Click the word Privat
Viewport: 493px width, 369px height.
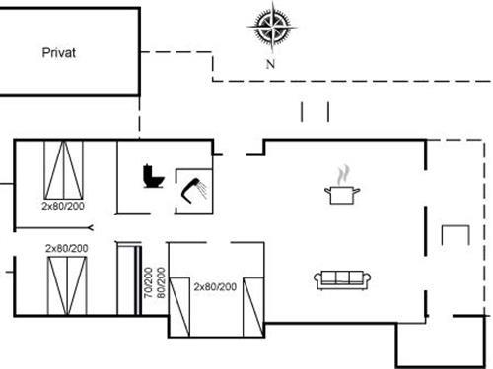pyautogui.click(x=59, y=52)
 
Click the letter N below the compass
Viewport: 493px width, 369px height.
pyautogui.click(x=270, y=64)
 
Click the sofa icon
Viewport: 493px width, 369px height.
pyautogui.click(x=341, y=279)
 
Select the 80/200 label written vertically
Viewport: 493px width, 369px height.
pyautogui.click(x=161, y=282)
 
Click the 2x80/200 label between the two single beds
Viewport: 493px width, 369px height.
pyautogui.click(x=215, y=287)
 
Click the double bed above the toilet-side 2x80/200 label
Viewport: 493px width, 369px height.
pyautogui.click(x=64, y=169)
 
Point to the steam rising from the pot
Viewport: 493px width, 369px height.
pyautogui.click(x=341, y=174)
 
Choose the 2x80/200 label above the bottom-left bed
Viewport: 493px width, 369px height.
pyautogui.click(x=67, y=248)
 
